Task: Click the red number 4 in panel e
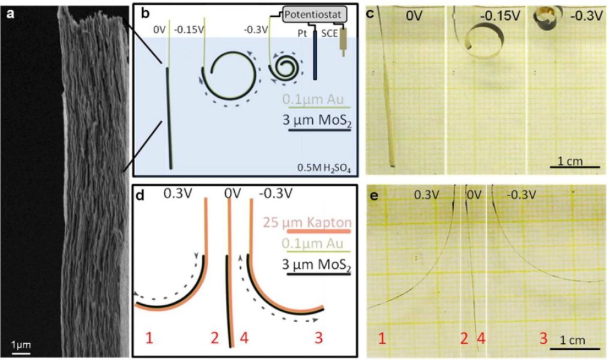point(480,340)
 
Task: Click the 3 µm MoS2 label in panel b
point(318,120)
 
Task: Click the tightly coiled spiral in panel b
point(282,70)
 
